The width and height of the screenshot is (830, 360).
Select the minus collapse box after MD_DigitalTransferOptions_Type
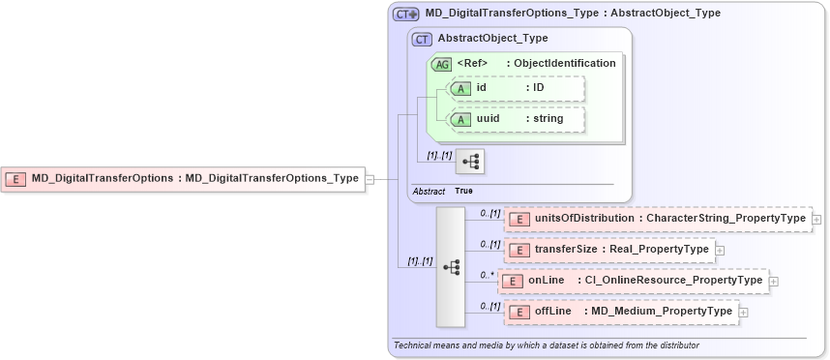tap(370, 178)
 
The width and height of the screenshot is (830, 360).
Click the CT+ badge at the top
tap(405, 15)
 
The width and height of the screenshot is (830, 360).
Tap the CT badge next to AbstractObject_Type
tap(422, 39)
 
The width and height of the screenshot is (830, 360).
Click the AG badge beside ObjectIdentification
tap(441, 64)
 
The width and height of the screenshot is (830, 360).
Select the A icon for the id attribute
tap(461, 88)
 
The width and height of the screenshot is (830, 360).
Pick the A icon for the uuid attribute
tap(461, 119)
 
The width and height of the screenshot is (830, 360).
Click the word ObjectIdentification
tap(565, 63)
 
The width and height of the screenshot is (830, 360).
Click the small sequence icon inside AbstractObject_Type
tap(470, 162)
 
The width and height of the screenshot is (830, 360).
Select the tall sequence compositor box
tap(451, 266)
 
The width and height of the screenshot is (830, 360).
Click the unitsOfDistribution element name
tap(584, 220)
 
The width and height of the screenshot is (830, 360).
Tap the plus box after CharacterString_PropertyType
tap(817, 220)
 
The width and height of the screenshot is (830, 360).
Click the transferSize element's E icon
tap(519, 250)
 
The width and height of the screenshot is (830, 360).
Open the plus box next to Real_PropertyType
tap(720, 250)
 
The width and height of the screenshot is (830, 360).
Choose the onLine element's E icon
tap(513, 281)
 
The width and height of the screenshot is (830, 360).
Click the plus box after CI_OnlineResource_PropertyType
tap(774, 281)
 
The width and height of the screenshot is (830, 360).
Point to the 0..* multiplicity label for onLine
tap(487, 276)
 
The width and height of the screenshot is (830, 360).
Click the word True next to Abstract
tap(463, 192)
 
